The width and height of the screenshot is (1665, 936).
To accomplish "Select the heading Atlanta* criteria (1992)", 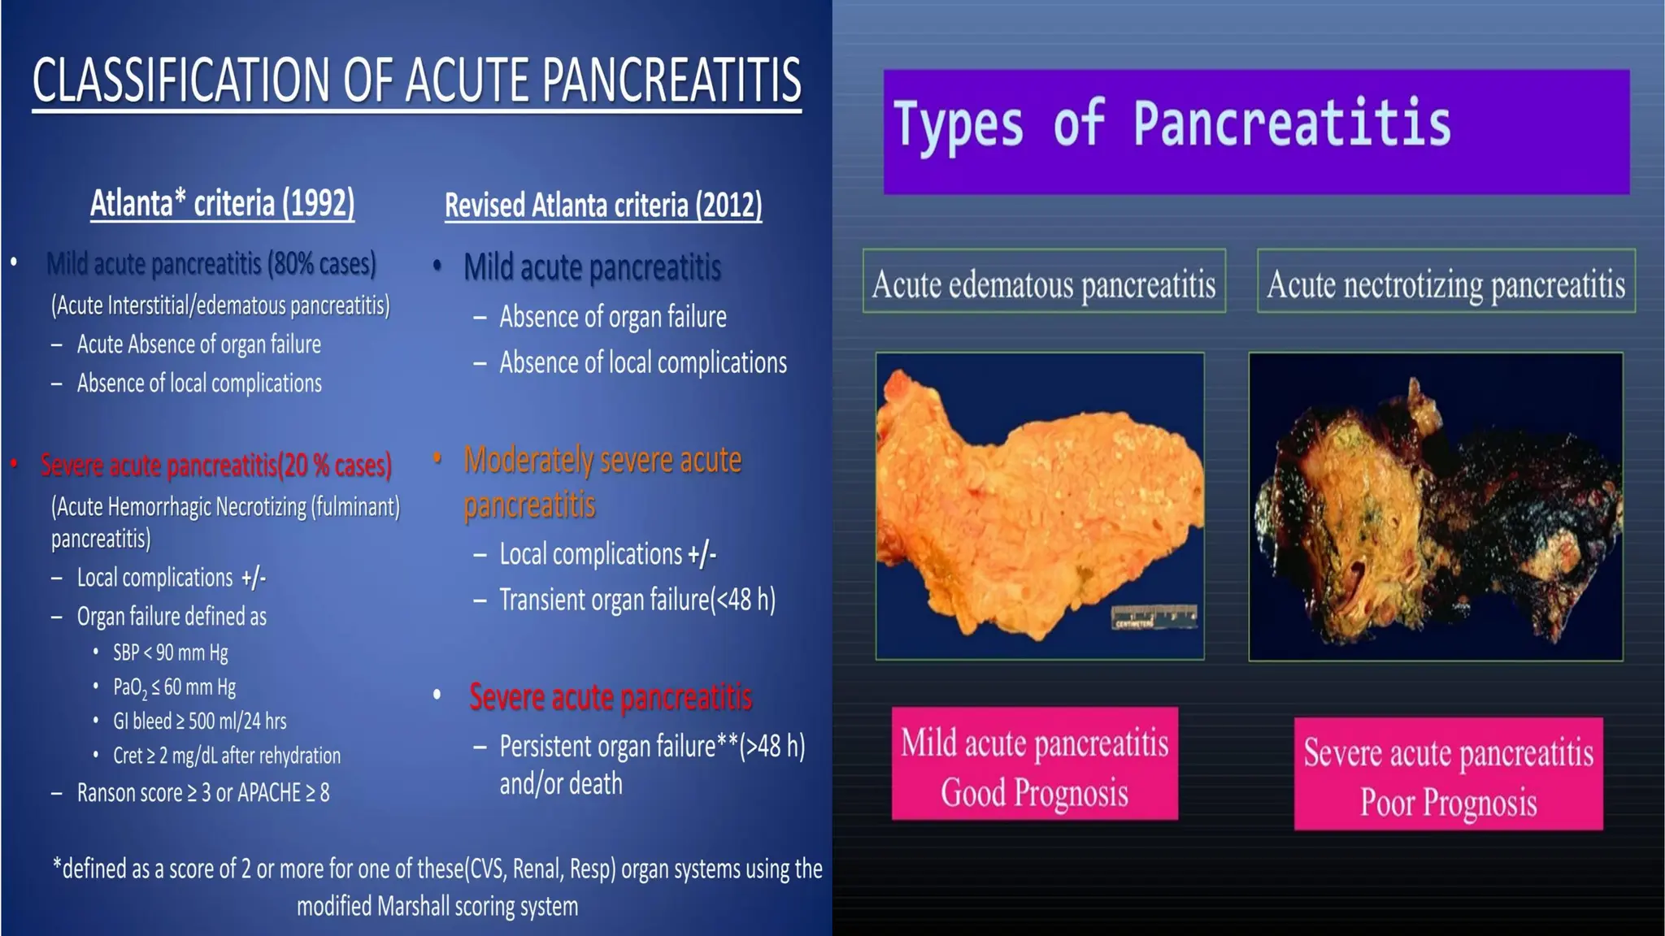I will [222, 203].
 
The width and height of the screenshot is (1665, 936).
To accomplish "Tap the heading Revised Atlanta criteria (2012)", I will [603, 205].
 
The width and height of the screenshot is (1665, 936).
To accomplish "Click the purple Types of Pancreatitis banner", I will [1255, 132].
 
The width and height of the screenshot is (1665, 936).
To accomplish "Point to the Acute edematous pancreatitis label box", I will [1044, 281].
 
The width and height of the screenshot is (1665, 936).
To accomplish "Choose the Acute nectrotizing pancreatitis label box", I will [1445, 281].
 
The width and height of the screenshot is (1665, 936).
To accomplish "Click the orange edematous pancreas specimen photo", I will [1039, 505].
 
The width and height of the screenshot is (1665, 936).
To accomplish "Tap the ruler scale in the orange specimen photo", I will [1154, 617].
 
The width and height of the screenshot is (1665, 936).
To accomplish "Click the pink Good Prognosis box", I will [1034, 764].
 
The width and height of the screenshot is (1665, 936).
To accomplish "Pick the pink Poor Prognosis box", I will [1448, 773].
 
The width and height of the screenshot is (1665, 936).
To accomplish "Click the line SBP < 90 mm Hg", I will [171, 652].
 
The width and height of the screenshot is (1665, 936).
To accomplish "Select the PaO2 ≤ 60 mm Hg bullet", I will [174, 687].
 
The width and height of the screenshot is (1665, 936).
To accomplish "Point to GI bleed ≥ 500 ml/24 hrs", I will [199, 721].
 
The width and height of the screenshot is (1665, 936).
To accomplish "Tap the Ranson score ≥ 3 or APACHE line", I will [203, 792].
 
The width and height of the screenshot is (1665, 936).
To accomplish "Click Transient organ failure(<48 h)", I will [637, 600].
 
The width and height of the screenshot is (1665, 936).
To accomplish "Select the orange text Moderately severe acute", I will [602, 460].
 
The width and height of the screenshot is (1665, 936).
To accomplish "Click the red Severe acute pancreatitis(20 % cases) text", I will [216, 466].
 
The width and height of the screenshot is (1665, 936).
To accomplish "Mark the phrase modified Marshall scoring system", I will [437, 906].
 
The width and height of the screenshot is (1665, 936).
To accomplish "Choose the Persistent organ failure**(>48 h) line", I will [651, 746].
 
